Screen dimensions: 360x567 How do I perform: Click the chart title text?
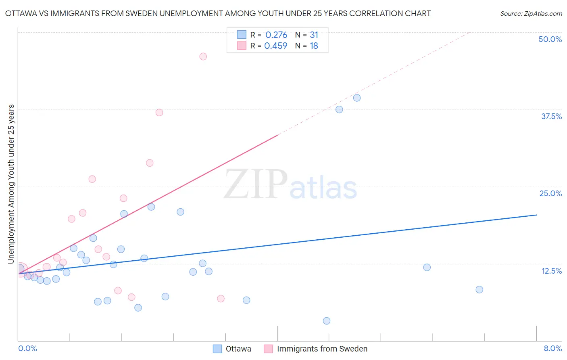(218, 13)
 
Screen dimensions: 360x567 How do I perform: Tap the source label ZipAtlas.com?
(531, 13)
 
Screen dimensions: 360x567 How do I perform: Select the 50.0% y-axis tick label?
(550, 39)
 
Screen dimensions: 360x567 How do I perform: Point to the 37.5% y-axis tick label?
(551, 116)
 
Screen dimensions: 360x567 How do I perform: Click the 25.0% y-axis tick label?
(550, 193)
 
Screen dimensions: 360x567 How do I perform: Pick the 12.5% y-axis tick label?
(551, 271)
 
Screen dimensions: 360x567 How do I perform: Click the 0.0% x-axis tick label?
(27, 348)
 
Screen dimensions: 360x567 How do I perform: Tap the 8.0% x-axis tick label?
(552, 348)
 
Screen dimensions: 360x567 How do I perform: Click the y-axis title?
(11, 184)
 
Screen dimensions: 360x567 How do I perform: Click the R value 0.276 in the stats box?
(276, 35)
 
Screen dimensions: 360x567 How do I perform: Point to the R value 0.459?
(276, 46)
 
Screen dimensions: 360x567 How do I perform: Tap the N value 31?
(314, 35)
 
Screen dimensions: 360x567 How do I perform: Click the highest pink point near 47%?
(203, 57)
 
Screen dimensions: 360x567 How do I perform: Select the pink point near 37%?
(159, 113)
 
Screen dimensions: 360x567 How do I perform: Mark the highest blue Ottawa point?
(357, 98)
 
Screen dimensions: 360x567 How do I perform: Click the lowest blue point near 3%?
(327, 321)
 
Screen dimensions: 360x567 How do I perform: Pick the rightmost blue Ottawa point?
(479, 289)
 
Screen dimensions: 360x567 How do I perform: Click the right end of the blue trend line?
(536, 215)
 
